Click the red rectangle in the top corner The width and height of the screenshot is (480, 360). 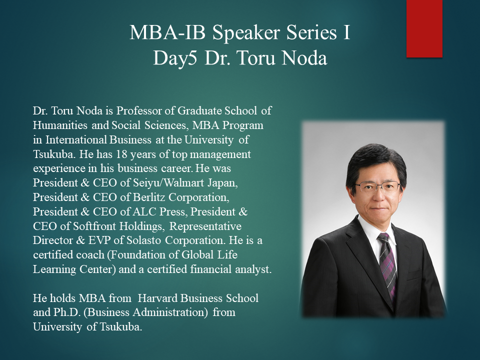(x=424, y=28)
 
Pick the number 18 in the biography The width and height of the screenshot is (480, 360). (x=121, y=154)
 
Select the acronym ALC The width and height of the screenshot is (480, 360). (x=145, y=211)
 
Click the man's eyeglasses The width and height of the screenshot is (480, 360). (x=378, y=186)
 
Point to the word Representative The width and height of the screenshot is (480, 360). (x=205, y=226)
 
